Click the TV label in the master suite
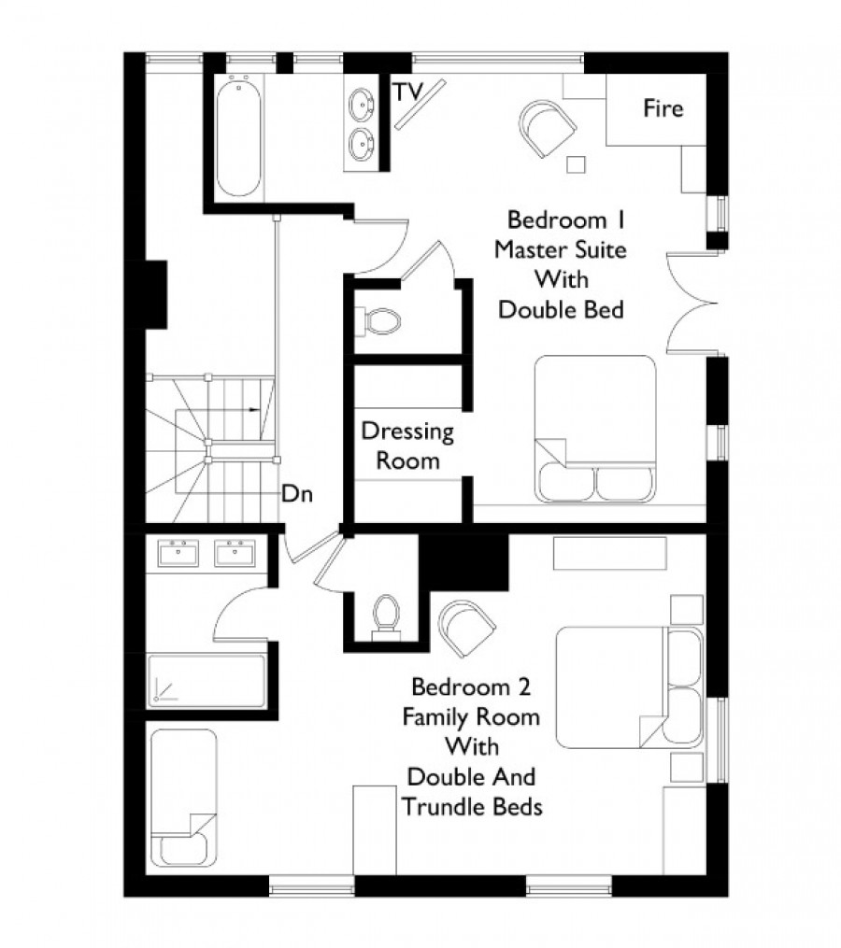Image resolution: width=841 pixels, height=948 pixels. tap(407, 92)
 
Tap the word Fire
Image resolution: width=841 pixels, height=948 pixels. tap(663, 108)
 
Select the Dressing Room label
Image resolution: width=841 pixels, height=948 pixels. tap(407, 446)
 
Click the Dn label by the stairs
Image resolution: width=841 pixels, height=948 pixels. tap(297, 494)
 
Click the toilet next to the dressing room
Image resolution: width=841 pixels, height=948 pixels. tap(378, 321)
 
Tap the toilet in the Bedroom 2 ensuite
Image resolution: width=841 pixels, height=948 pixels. tap(386, 617)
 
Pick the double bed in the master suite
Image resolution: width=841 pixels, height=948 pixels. tap(595, 429)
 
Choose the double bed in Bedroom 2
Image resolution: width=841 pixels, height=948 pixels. tap(630, 688)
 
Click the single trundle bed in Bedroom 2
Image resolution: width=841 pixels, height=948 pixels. tap(184, 798)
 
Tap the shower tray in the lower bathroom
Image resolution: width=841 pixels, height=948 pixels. tap(207, 680)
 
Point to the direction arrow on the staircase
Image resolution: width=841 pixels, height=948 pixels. tap(255, 410)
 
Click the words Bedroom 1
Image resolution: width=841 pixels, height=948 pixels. tap(565, 219)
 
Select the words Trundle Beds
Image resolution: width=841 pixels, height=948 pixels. tap(472, 807)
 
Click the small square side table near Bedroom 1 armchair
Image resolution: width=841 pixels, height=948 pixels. tap(576, 164)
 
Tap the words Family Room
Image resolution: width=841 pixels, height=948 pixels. tap(471, 717)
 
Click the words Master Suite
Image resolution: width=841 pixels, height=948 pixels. tap(561, 249)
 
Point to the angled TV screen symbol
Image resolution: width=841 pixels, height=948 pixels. tap(420, 104)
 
